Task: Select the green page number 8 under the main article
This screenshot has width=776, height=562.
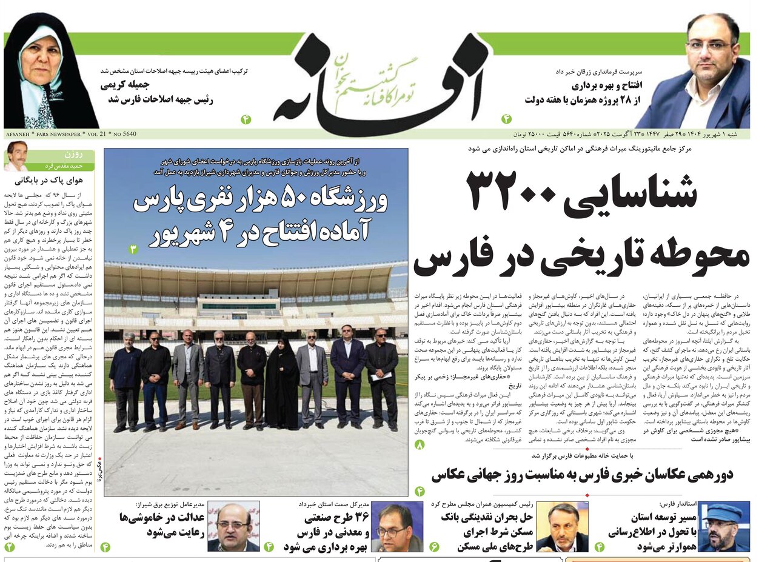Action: point(420,446)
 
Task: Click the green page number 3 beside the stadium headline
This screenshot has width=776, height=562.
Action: point(133,249)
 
